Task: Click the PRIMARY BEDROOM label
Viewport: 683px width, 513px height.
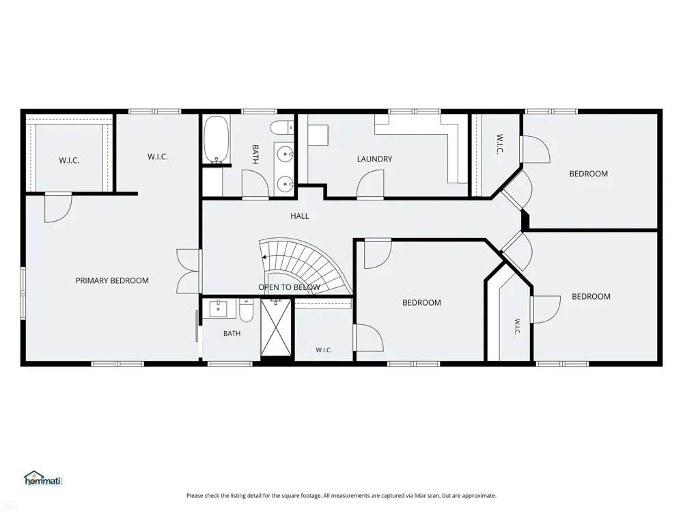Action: [x=112, y=280]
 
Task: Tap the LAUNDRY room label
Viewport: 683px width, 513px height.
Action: [x=374, y=159]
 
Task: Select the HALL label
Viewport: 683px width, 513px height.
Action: [x=300, y=216]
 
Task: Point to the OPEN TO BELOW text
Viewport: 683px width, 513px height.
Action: [x=289, y=287]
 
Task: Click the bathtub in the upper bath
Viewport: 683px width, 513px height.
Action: [x=217, y=139]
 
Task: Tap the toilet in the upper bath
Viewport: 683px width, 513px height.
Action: [x=282, y=128]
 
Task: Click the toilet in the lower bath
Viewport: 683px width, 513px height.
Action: [x=246, y=310]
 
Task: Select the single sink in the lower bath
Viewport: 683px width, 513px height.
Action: [x=218, y=308]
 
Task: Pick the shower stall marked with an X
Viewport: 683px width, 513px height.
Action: [x=276, y=327]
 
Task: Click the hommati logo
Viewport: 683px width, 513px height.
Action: [x=44, y=479]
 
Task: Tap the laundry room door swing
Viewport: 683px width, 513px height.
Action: [x=370, y=184]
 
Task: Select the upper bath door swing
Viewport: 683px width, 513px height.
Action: [x=255, y=184]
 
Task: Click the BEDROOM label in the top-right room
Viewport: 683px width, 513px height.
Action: [x=589, y=174]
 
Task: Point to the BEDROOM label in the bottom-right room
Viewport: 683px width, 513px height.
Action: [x=591, y=297]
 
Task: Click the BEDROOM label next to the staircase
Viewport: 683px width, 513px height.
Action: [x=421, y=303]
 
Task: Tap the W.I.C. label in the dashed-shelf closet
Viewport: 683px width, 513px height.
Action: [x=69, y=161]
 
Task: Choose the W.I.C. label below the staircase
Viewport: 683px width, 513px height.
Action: [x=324, y=350]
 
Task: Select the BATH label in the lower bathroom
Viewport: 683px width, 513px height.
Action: [x=232, y=333]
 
